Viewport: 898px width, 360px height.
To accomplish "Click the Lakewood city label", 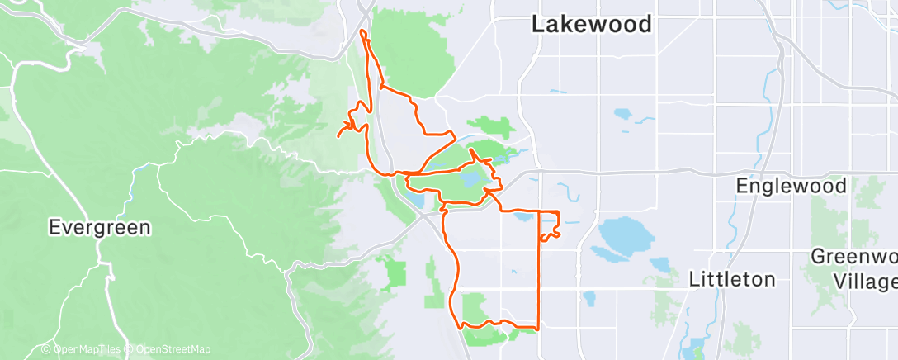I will click(x=591, y=25).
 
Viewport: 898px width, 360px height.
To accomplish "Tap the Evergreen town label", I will click(x=99, y=227).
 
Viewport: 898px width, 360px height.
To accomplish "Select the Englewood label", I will click(x=792, y=186).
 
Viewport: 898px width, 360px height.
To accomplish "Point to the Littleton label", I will click(x=732, y=279).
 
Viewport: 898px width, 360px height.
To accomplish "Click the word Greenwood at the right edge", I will click(x=853, y=256).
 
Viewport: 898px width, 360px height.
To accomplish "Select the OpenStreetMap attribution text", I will click(x=168, y=349).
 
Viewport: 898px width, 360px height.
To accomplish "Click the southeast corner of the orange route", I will click(x=539, y=329).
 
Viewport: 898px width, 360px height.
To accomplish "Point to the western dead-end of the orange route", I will click(x=338, y=136).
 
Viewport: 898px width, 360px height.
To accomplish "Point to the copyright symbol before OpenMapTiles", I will click(x=46, y=349).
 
